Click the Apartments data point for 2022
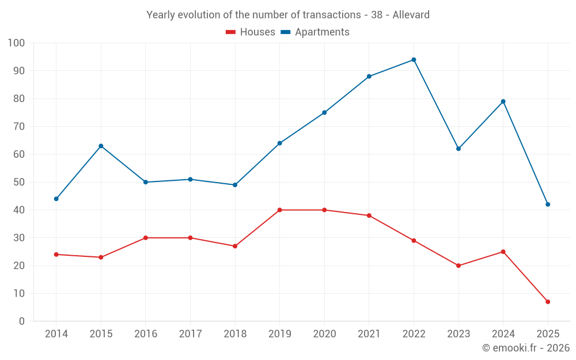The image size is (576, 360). point(414,60)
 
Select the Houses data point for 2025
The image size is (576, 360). point(548,302)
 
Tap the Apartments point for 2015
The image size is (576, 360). point(101,146)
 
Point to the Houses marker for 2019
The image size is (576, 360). point(279,210)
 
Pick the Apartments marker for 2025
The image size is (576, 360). point(548,204)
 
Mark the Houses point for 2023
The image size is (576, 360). point(458,266)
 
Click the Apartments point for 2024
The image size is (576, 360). point(503,101)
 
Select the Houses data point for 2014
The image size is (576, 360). point(56,255)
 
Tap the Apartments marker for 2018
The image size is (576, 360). point(235,185)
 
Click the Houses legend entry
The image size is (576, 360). point(251,32)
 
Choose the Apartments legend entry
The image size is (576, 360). point(315,32)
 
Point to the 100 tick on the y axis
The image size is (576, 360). point(17,43)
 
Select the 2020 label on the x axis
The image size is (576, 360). point(324,334)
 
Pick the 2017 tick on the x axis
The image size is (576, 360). point(190,334)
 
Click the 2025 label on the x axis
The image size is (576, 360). point(548,334)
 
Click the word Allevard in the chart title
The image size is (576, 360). point(411,15)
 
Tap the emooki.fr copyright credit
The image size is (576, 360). point(526,348)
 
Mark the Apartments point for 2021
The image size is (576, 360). point(369,77)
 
